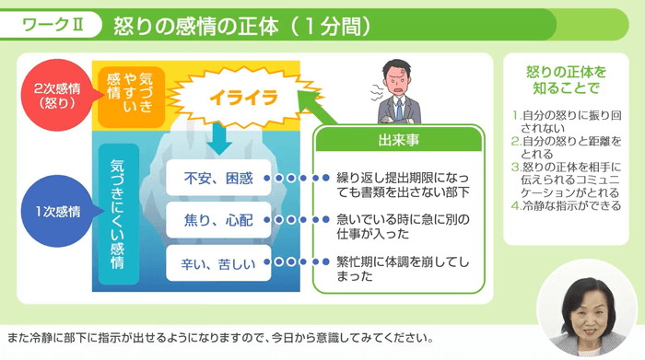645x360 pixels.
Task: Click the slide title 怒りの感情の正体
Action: (241, 27)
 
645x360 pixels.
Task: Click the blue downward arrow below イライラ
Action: (217, 138)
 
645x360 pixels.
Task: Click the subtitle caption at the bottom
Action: (219, 336)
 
